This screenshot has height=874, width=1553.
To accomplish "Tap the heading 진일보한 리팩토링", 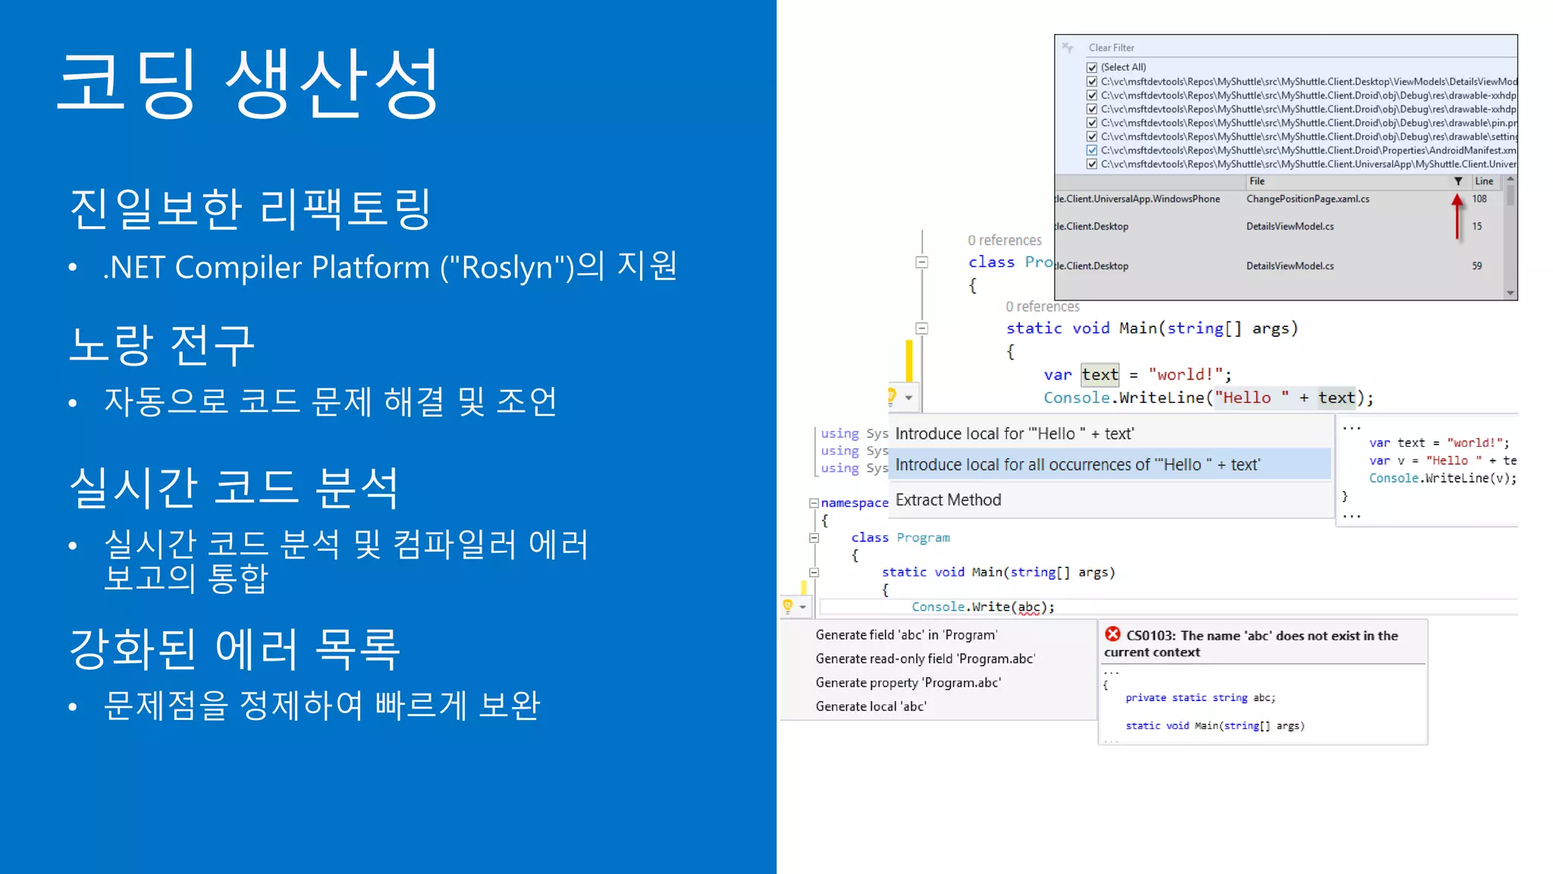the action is pos(250,209).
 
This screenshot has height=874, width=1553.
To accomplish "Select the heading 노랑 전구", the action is pos(162,345).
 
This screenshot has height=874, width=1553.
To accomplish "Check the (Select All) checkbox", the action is pos(1092,68).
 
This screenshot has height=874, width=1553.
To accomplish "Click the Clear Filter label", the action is pos(1111,48).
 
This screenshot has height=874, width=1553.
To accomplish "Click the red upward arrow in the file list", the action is pos(1457,216).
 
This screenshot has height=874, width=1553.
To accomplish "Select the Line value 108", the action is pos(1479,199).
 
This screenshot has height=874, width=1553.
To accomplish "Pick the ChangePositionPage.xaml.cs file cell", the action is pos(1307,199).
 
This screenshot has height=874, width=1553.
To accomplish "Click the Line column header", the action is pos(1484,181).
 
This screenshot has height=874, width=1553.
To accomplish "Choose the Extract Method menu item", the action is pos(948,500).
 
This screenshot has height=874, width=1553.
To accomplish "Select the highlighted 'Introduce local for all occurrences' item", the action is pos(1077,464).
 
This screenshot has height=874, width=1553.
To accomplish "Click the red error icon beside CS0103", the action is pos(1112,634).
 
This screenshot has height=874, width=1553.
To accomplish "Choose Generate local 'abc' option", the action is pos(871,706).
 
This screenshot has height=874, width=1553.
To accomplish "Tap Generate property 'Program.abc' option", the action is pos(908,683).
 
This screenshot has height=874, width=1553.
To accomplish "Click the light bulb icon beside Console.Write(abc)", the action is pos(788,606).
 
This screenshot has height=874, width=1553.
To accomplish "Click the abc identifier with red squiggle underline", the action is pos(1029,607).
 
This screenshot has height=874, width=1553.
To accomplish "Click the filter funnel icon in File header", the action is pos(1457,181).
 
